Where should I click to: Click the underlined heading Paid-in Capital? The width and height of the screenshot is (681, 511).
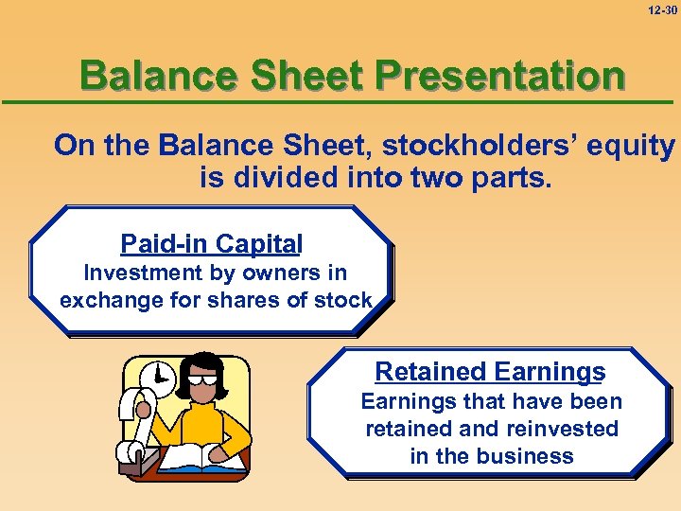[x=211, y=244]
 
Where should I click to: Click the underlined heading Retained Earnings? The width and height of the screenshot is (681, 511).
[x=490, y=372]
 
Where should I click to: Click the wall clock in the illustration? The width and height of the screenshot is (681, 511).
[x=158, y=379]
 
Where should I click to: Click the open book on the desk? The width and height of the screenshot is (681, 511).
[x=194, y=458]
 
